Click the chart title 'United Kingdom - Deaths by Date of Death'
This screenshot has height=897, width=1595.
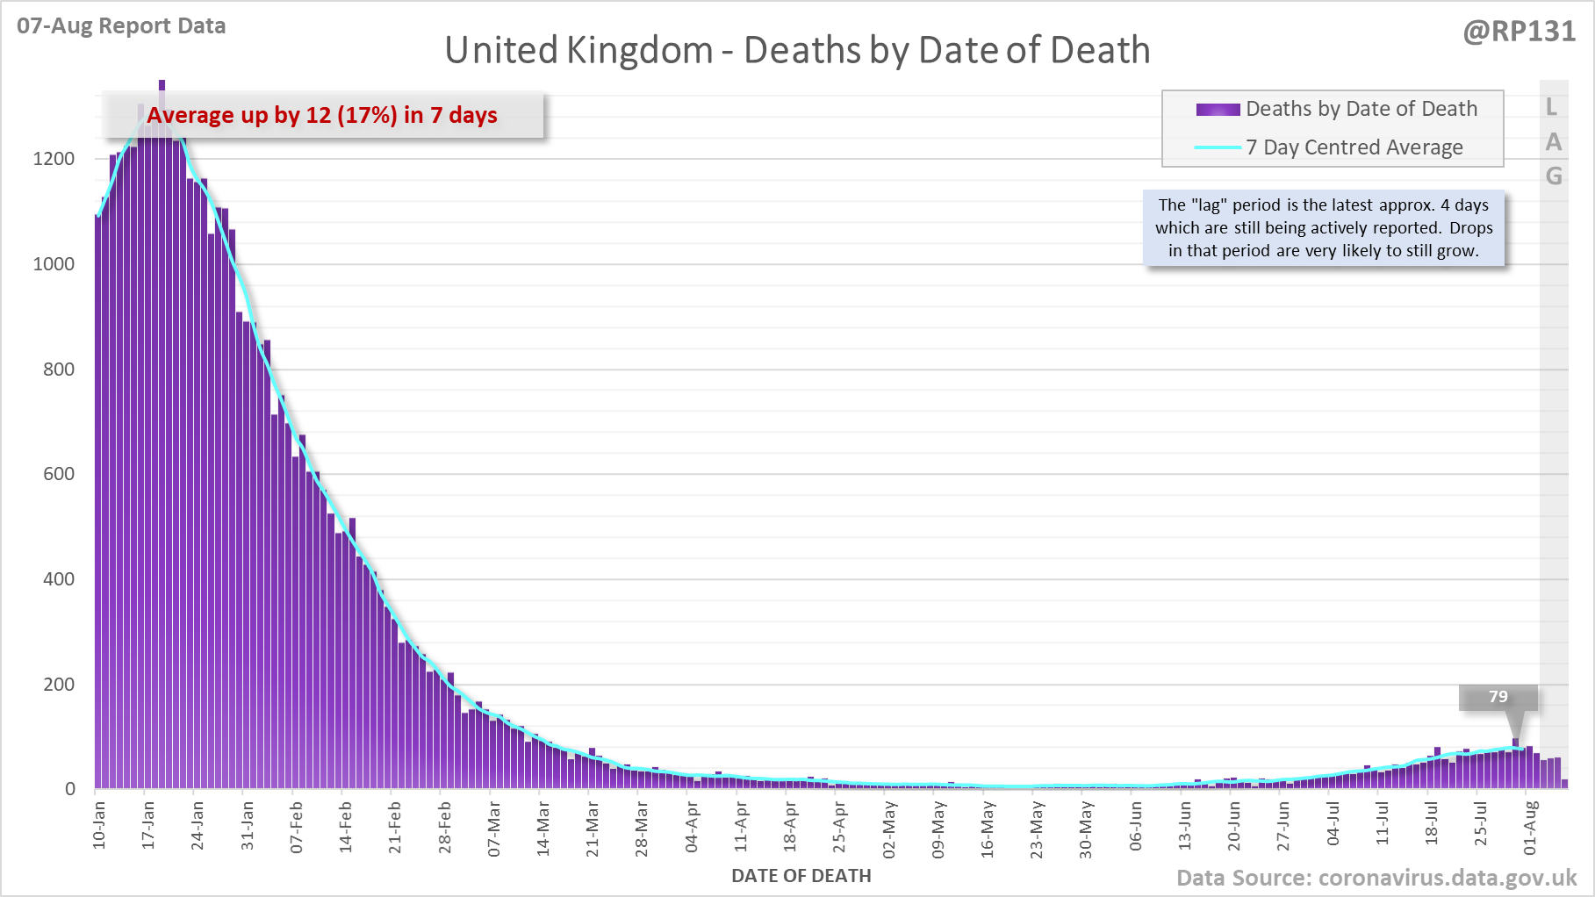click(x=797, y=51)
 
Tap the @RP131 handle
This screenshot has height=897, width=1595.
click(x=1520, y=32)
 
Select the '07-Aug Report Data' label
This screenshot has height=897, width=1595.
click(x=121, y=26)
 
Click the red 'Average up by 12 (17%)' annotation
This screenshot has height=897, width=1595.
click(x=322, y=115)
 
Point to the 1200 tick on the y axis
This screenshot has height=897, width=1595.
click(x=54, y=159)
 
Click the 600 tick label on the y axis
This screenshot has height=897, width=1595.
click(x=59, y=474)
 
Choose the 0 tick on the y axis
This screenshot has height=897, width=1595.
click(x=70, y=789)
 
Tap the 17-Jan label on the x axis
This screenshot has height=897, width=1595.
click(x=148, y=825)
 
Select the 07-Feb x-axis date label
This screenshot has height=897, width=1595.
click(x=297, y=827)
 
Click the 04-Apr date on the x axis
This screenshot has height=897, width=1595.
click(x=692, y=827)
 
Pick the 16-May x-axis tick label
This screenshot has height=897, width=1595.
click(x=988, y=829)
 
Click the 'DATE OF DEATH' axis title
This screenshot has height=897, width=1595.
click(x=801, y=876)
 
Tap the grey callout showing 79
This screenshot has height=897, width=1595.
click(x=1498, y=697)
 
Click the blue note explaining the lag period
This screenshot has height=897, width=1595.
click(x=1324, y=228)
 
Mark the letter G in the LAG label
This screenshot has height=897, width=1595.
click(x=1554, y=176)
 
